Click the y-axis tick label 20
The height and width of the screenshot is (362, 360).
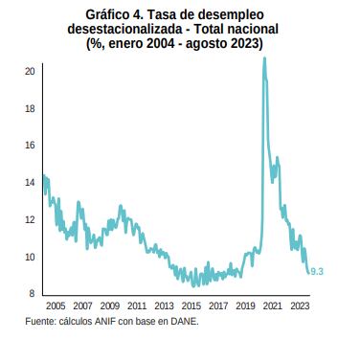click(x=31, y=72)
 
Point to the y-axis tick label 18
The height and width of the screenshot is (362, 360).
click(x=31, y=109)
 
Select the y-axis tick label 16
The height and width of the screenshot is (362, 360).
click(x=31, y=146)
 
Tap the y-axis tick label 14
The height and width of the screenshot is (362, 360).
click(x=31, y=183)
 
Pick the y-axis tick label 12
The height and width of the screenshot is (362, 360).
click(x=31, y=220)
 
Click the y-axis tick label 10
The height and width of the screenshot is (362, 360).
click(x=31, y=257)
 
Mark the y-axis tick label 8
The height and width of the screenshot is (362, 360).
click(x=33, y=294)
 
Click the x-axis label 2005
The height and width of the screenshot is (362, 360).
click(x=56, y=306)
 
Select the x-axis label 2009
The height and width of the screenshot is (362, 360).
click(x=110, y=306)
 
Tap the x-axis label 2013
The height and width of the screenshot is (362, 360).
click(x=164, y=306)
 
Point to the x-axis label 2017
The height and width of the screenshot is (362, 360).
click(x=218, y=306)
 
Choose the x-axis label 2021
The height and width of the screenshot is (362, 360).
click(x=272, y=306)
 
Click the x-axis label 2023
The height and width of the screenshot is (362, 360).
click(x=299, y=306)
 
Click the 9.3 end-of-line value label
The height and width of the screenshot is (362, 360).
click(x=317, y=272)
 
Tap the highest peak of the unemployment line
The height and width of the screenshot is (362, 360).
click(x=264, y=58)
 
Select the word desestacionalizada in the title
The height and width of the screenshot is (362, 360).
click(x=122, y=31)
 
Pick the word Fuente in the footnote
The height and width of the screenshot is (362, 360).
click(x=42, y=321)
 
